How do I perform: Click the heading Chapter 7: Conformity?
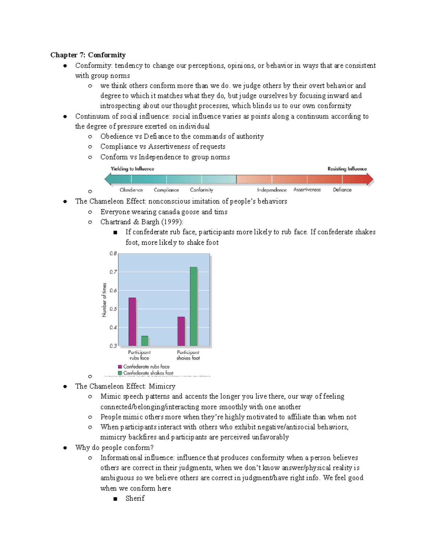pyautogui.click(x=88, y=55)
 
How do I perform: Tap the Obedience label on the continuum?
pyautogui.click(x=131, y=190)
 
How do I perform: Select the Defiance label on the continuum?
pyautogui.click(x=342, y=190)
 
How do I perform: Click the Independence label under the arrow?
pyautogui.click(x=272, y=190)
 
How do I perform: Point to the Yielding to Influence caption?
pyautogui.click(x=132, y=169)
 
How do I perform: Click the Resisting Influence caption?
pyautogui.click(x=347, y=169)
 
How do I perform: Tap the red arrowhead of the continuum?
pyautogui.click(x=370, y=179)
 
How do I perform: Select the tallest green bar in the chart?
pyautogui.click(x=194, y=306)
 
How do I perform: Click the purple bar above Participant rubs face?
pyautogui.click(x=132, y=322)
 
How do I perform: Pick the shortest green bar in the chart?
pyautogui.click(x=144, y=341)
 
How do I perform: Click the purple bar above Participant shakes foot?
pyautogui.click(x=181, y=331)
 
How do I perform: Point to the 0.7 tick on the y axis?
pyautogui.click(x=113, y=272)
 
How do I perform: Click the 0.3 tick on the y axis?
pyautogui.click(x=113, y=346)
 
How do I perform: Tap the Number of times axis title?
pyautogui.click(x=104, y=300)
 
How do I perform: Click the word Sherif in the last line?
pyautogui.click(x=135, y=498)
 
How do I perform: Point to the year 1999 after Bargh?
pyautogui.click(x=172, y=222)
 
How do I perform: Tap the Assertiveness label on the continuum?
pyautogui.click(x=307, y=190)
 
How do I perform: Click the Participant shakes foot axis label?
pyautogui.click(x=188, y=355)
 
